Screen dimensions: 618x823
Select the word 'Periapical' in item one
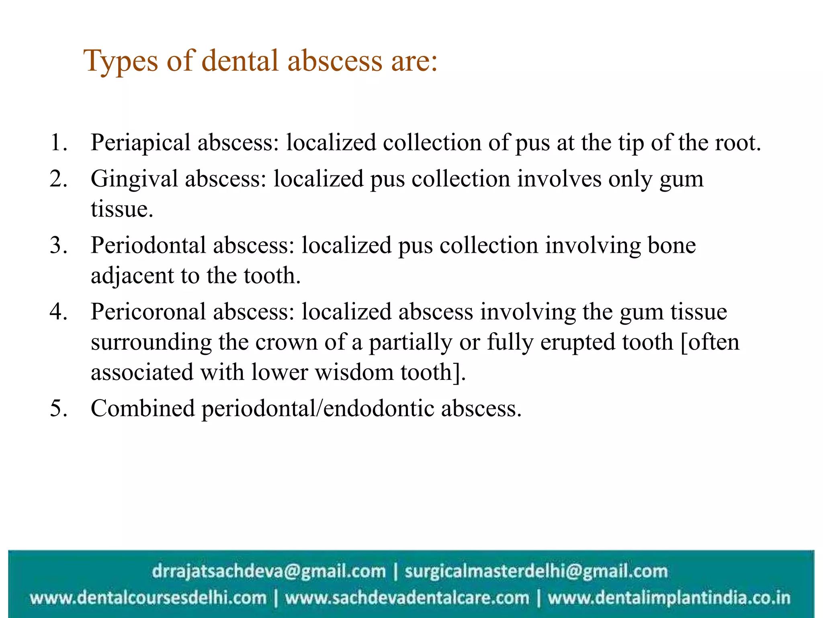coord(140,143)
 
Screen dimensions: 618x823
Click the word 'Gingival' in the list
coord(134,179)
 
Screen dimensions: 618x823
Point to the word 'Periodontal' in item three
coord(148,245)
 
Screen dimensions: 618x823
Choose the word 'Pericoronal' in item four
coord(148,312)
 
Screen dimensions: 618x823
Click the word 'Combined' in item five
coord(143,409)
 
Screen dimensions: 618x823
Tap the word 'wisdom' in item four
coord(354,372)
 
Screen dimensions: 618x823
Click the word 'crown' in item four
coord(286,342)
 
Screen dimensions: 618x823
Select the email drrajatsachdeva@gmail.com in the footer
coord(268,571)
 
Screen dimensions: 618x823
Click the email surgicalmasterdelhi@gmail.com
coord(536,571)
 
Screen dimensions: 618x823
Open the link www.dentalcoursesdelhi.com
coord(148,598)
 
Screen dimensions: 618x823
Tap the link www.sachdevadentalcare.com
coord(407,598)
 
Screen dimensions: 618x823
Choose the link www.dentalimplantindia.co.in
coord(669,598)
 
